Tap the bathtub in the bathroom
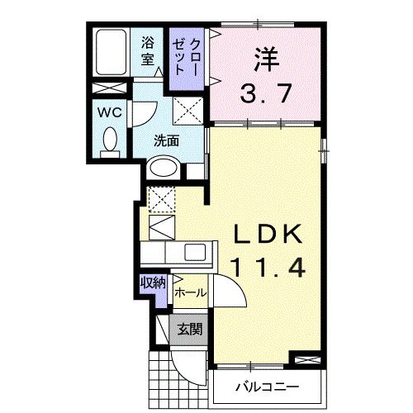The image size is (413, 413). click(109, 53)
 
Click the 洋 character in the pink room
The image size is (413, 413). click(263, 59)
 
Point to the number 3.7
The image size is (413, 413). click(263, 93)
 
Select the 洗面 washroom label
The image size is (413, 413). click(166, 140)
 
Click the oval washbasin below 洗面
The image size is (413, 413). click(164, 169)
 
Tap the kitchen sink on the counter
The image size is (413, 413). click(197, 253)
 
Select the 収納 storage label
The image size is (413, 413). click(153, 283)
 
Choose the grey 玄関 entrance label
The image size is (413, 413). click(188, 329)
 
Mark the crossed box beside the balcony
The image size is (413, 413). click(305, 361)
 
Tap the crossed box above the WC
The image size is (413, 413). click(106, 89)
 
